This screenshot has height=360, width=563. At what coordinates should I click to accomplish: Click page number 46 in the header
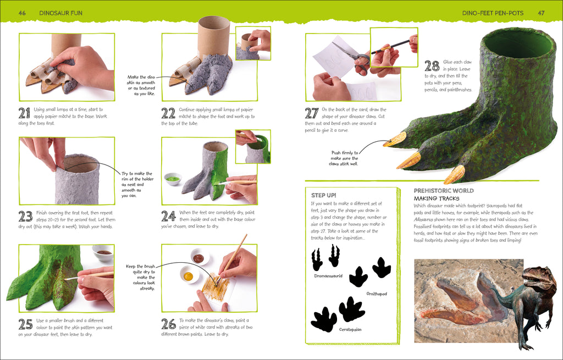(22, 12)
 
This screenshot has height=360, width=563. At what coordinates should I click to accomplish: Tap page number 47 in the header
(540, 12)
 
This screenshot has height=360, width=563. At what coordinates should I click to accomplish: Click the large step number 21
(24, 113)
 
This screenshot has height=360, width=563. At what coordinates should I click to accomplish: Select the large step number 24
(168, 216)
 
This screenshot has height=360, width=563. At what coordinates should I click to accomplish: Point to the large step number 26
(168, 324)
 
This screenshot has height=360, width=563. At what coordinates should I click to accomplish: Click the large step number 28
(432, 66)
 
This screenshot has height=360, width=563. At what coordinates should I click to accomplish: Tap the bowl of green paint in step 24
(173, 179)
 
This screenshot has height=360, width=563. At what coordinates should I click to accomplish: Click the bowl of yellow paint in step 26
(189, 275)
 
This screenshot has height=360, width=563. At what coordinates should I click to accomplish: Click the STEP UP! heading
(323, 195)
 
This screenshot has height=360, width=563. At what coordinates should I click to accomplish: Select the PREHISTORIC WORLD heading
(443, 191)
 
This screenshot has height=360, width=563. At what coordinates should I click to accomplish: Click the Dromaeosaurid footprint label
(328, 275)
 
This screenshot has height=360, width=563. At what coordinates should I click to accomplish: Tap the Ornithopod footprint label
(377, 293)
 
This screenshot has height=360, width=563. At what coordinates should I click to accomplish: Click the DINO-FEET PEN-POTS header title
(493, 12)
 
